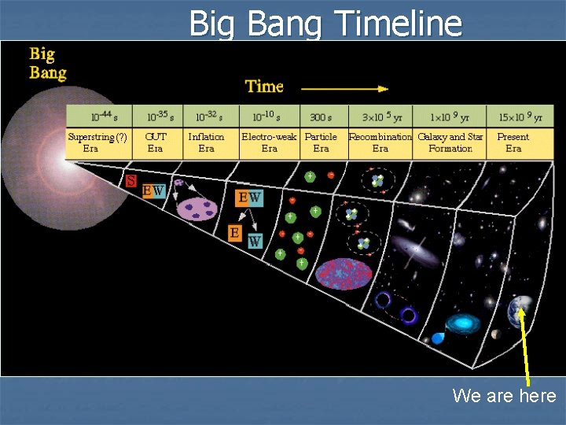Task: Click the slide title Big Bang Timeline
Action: [x=325, y=23]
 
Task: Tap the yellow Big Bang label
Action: [x=48, y=64]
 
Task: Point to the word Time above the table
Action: [x=264, y=86]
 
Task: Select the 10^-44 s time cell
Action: [x=99, y=116]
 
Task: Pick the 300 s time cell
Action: [x=321, y=116]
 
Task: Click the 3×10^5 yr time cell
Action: [x=380, y=116]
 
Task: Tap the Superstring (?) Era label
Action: [x=97, y=142]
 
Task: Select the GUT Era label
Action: [x=156, y=142]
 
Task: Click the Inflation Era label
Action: [x=206, y=142]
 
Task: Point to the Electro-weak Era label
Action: [x=269, y=142]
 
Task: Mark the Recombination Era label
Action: [x=380, y=142]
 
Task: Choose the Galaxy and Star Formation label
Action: [x=450, y=142]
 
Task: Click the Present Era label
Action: [x=513, y=142]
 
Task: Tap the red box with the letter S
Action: [x=131, y=181]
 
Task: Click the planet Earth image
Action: [x=520, y=309]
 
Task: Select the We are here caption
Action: [x=504, y=396]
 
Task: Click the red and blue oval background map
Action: [x=344, y=273]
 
